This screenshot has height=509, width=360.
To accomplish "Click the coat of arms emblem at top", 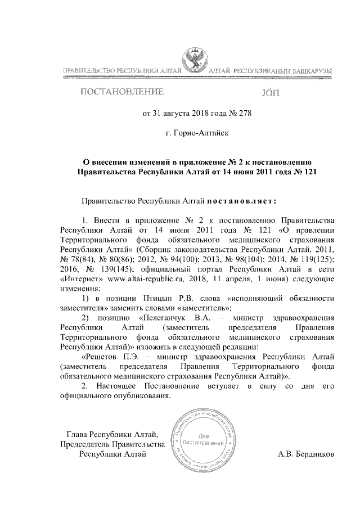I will [195, 60].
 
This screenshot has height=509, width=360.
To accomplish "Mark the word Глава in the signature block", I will [78, 434].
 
